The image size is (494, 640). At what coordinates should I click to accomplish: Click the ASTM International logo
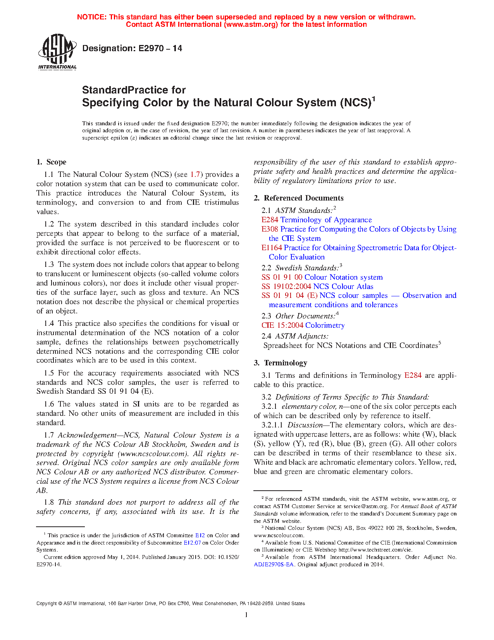point(57,52)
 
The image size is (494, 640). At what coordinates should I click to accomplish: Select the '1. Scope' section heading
point(52,162)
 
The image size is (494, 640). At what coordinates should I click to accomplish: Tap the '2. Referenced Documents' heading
point(299,198)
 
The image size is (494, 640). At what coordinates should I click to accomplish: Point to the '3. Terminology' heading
point(281,363)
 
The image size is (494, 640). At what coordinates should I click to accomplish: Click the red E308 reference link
point(270,229)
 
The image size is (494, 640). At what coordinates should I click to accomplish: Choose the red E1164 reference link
point(272,248)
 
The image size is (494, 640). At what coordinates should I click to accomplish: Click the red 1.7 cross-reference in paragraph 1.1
point(195,175)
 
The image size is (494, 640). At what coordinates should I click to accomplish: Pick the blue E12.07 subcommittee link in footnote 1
point(192,543)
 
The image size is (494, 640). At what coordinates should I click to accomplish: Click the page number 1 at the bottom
point(246,614)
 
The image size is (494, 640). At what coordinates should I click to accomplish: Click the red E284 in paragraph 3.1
point(413,375)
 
